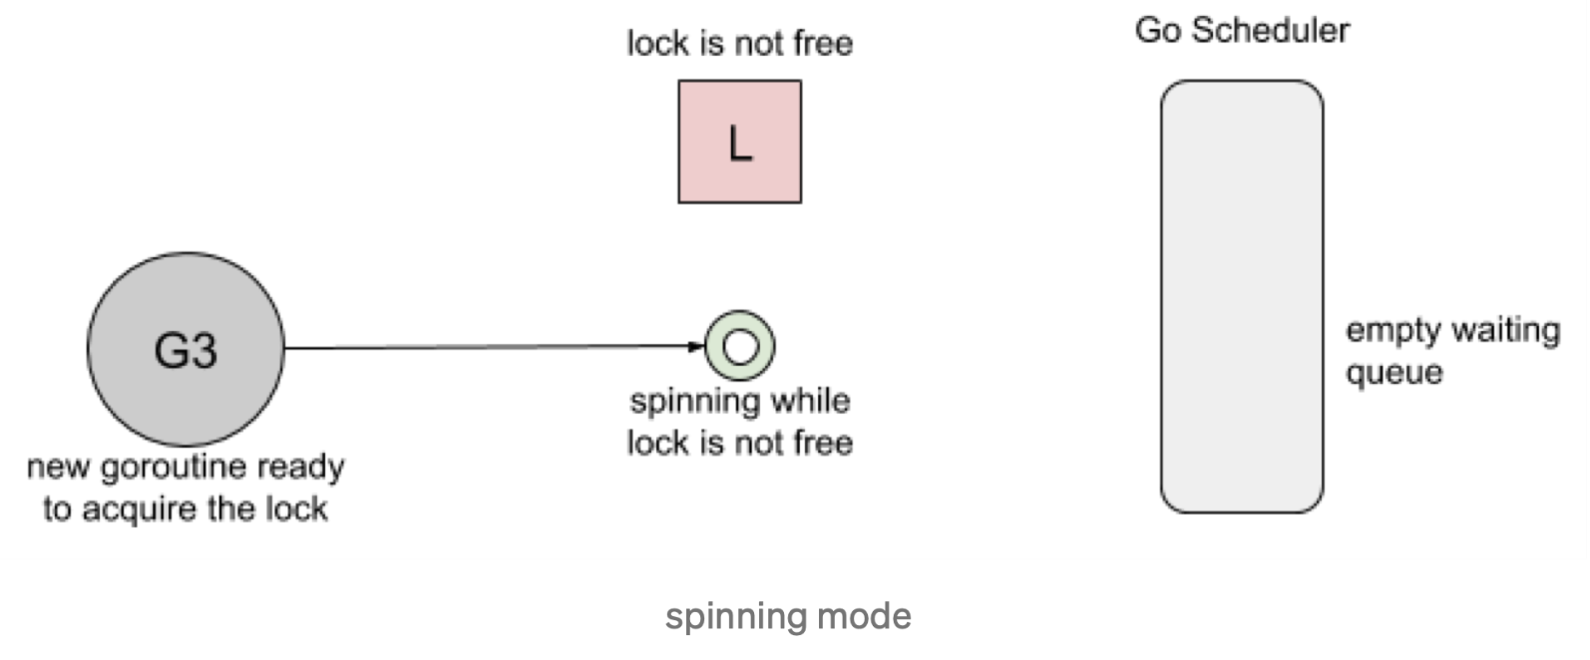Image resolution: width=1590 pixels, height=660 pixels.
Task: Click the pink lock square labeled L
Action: click(x=739, y=142)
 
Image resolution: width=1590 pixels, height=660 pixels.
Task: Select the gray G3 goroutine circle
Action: click(x=186, y=349)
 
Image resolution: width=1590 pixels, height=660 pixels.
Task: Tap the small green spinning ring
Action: click(x=739, y=346)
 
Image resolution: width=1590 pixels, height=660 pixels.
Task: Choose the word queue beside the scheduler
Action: click(x=1393, y=373)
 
